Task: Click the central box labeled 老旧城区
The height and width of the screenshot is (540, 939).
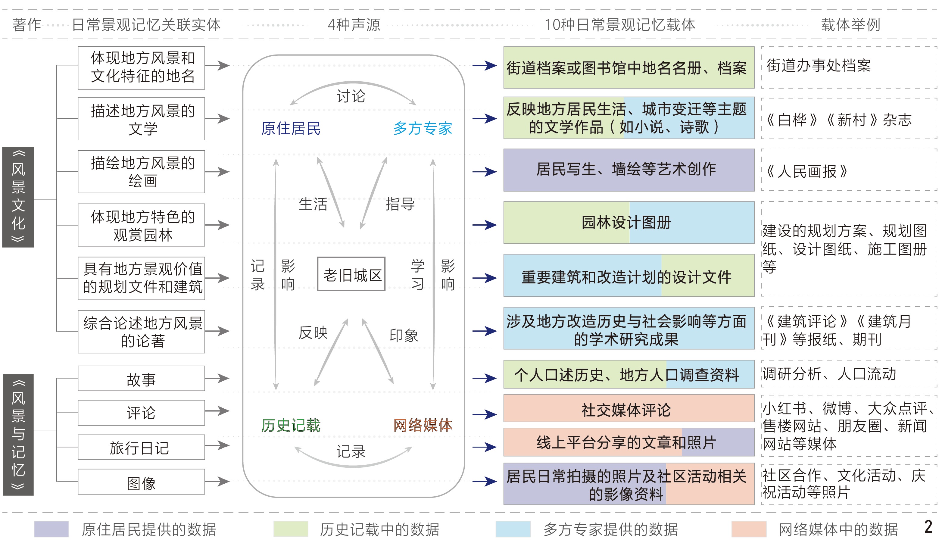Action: [x=351, y=274]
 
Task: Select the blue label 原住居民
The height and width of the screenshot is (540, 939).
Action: [x=290, y=128]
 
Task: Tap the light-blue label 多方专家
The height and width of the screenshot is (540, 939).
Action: [x=423, y=128]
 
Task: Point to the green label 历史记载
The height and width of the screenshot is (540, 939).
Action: [x=290, y=425]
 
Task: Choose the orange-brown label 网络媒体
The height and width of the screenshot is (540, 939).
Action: [x=423, y=425]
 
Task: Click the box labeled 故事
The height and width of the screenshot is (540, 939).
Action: [x=141, y=379]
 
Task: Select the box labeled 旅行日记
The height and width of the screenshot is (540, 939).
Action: [x=141, y=447]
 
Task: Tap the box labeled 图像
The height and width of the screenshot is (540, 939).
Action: [x=141, y=482]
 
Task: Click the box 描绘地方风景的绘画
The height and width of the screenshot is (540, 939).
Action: [x=141, y=172]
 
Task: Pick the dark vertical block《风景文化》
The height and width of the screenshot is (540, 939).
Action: [x=18, y=197]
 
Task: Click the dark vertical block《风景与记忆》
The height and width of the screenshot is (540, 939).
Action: [x=18, y=435]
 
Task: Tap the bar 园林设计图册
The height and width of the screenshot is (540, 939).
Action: [x=628, y=223]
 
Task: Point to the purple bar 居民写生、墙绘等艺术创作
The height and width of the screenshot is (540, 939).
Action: [x=628, y=170]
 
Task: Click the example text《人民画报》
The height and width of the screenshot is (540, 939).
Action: [x=806, y=171]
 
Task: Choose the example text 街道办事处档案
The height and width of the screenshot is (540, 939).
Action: [x=818, y=66]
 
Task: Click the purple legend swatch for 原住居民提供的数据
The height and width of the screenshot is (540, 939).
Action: [x=51, y=529]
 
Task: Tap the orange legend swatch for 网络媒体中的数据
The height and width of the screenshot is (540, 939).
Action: [x=748, y=529]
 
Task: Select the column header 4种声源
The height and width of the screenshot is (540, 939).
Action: [x=354, y=25]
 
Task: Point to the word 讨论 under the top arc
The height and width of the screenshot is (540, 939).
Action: [x=351, y=96]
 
